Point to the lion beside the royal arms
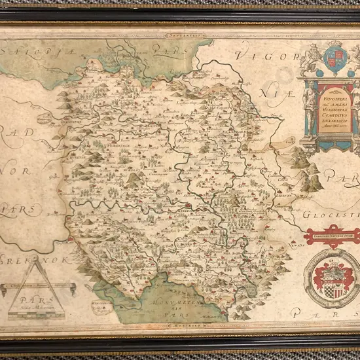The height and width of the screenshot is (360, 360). [x=313, y=58]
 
